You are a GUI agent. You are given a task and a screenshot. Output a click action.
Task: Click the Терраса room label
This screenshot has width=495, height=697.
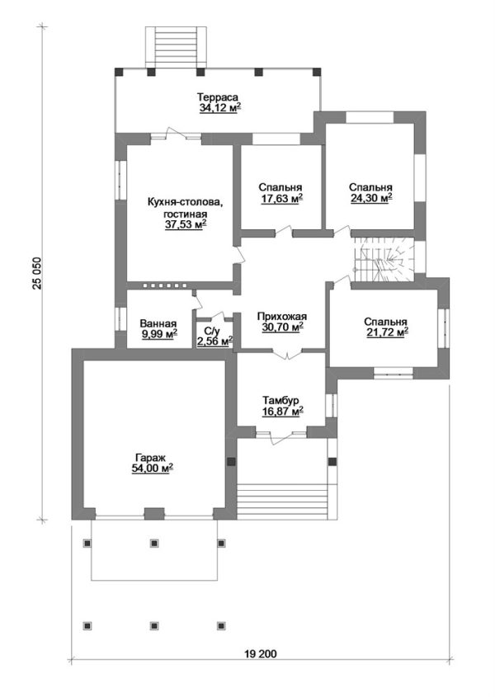click(x=218, y=97)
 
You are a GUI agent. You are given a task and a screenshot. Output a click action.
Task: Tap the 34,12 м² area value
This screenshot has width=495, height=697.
click(x=220, y=107)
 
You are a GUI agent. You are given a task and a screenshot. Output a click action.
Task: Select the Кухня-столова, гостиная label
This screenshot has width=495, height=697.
click(x=184, y=209)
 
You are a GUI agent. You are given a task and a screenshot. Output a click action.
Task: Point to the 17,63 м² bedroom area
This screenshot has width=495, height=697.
click(x=282, y=199)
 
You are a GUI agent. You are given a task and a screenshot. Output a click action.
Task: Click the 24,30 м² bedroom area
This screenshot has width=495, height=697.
click(x=371, y=199)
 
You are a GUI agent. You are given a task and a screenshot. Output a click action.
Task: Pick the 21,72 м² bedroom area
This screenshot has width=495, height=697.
click(x=387, y=332)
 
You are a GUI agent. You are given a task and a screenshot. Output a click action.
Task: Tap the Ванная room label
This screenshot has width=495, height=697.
click(x=158, y=323)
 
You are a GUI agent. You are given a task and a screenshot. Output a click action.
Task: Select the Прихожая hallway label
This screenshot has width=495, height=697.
click(x=282, y=317)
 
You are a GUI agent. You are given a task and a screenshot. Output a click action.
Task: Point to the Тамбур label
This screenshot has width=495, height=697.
click(x=283, y=399)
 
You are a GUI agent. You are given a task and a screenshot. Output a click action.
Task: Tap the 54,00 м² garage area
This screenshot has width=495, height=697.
click(x=152, y=469)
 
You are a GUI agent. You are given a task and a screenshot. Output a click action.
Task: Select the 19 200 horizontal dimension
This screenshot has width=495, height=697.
click(x=260, y=654)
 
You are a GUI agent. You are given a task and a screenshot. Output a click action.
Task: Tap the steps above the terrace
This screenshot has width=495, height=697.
click(x=177, y=48)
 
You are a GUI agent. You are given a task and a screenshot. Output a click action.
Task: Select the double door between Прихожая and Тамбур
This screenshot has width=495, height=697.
click(x=287, y=355)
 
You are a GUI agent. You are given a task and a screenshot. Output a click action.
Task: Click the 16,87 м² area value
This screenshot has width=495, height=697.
click(x=283, y=411)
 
